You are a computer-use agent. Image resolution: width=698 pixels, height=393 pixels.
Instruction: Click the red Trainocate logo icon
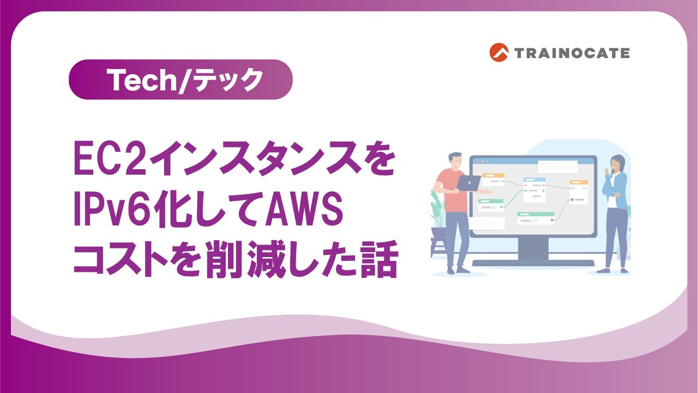click(498, 52)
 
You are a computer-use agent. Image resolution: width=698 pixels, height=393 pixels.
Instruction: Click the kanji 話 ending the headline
click(375, 259)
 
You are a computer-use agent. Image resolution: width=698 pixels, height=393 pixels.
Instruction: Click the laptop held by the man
click(467, 182)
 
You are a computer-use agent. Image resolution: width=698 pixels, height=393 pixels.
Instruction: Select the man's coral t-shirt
click(450, 188)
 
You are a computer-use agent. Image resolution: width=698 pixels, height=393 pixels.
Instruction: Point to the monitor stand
click(533, 248)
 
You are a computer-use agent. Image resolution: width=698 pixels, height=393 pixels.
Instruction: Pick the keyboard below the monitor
click(533, 263)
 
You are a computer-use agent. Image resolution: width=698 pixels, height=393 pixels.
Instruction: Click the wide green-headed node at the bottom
click(535, 218)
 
